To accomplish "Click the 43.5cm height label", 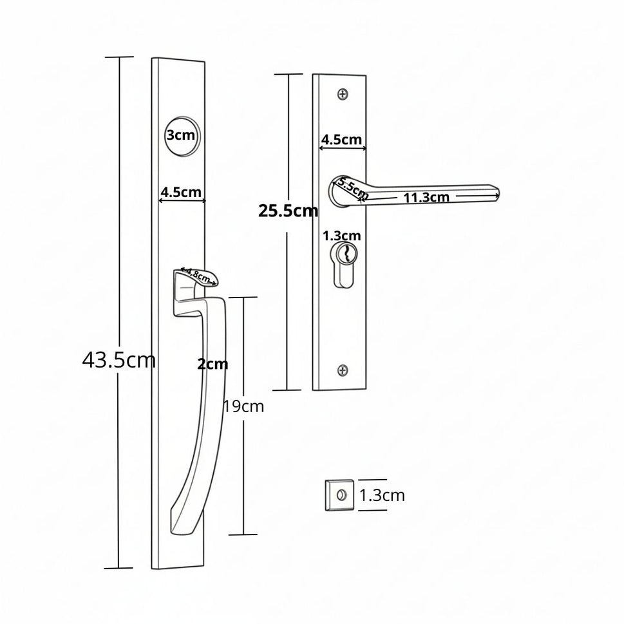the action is [118, 360].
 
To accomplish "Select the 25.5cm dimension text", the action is [288, 211].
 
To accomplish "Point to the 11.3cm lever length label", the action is [426, 197].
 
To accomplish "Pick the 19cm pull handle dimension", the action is [243, 406].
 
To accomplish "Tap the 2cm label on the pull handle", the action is [213, 364].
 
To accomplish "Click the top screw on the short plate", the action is [343, 94].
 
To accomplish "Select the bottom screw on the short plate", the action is [343, 370].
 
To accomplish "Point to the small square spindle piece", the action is [339, 495].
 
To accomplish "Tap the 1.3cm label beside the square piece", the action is [382, 495].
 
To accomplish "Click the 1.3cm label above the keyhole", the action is [341, 236].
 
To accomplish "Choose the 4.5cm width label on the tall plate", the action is [181, 192].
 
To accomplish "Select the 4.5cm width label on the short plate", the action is [341, 140].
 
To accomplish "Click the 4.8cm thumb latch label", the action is [198, 274].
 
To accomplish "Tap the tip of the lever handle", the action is [499, 194].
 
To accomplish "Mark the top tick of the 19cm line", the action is [243, 297].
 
